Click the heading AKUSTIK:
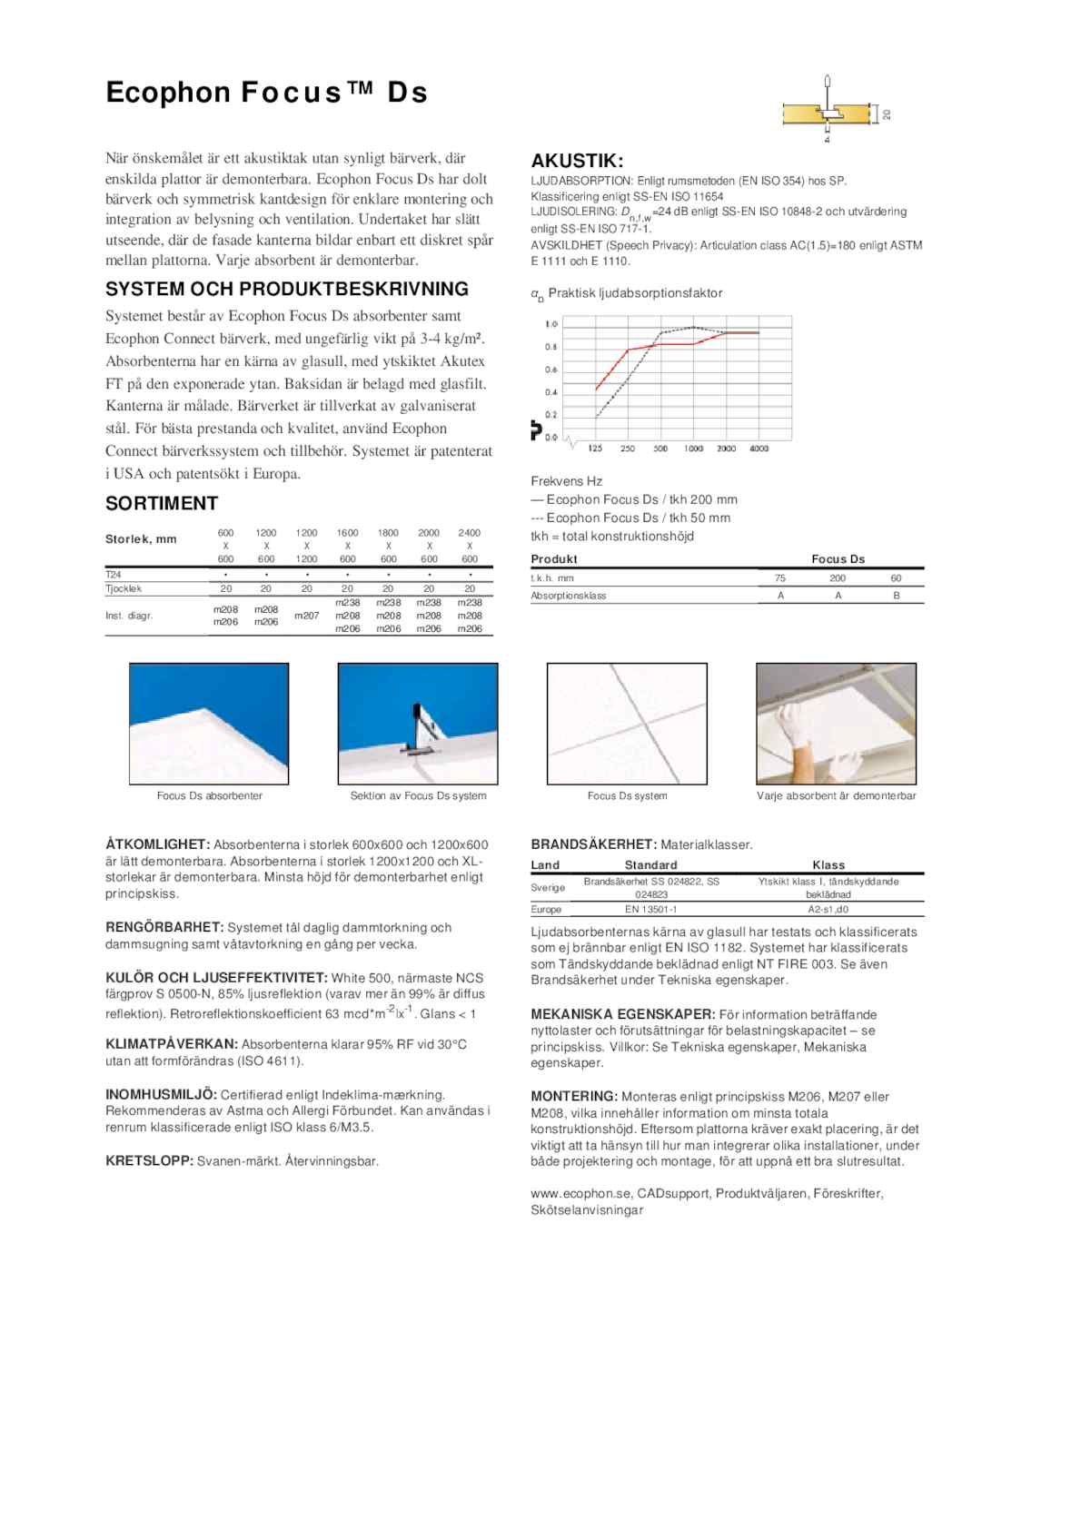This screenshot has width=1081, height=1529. [577, 162]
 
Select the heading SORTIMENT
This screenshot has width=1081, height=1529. [162, 504]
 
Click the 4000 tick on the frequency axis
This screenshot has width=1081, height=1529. [759, 449]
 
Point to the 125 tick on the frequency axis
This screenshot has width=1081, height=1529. [595, 449]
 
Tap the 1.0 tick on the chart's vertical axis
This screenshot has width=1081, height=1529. [551, 324]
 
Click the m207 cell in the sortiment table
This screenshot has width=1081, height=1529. [307, 616]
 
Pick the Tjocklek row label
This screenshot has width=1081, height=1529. [124, 588]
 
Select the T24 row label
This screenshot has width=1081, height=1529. [114, 575]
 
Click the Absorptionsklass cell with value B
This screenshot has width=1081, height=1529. [896, 596]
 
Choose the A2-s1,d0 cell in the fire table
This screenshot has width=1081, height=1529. [828, 909]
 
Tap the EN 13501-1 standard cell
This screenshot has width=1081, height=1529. [650, 909]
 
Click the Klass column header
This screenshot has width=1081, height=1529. [828, 865]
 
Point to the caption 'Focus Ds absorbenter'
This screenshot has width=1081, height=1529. [209, 796]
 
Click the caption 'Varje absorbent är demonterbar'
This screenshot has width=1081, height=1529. [836, 796]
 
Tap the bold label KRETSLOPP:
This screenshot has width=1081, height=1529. [149, 1161]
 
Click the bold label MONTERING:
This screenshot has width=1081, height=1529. [574, 1097]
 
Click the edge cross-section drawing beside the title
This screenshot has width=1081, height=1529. [831, 113]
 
